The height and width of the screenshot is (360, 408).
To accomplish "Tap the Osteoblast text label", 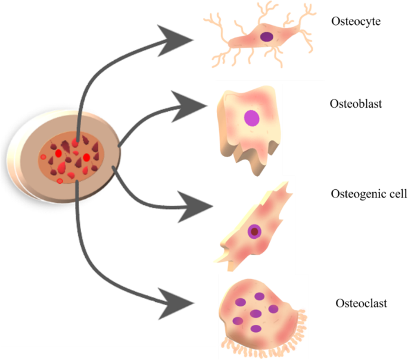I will click(x=356, y=104).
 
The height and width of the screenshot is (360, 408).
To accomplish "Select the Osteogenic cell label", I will click(x=368, y=195).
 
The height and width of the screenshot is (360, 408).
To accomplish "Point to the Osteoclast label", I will click(x=359, y=304).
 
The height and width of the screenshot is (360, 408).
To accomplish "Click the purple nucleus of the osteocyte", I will click(x=267, y=37).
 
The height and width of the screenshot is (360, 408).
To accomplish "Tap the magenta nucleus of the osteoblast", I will click(x=252, y=118).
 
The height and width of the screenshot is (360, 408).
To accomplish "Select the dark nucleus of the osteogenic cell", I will click(x=255, y=231).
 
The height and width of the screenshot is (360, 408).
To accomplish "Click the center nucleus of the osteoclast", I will click(x=257, y=313).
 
